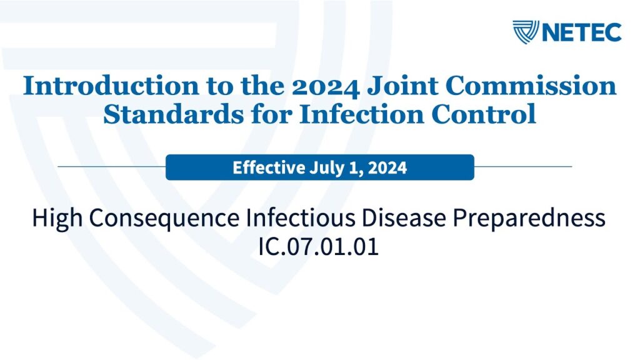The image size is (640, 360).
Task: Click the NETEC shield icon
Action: (x=526, y=32)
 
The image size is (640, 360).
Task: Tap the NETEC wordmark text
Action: (x=582, y=32)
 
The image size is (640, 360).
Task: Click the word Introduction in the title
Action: (x=111, y=86)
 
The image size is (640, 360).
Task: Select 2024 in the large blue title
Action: (x=326, y=87)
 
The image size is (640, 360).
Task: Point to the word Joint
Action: (x=401, y=86)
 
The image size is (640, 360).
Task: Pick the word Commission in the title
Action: (x=531, y=86)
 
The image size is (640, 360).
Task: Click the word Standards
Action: (x=174, y=114)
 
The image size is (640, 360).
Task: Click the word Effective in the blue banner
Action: (x=269, y=167)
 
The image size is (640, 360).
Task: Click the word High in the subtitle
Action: (x=57, y=218)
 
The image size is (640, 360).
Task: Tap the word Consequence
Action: (x=164, y=218)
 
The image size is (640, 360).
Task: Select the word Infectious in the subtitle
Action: (x=301, y=217)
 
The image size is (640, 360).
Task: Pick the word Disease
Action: (x=404, y=217)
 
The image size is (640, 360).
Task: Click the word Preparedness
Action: (x=529, y=218)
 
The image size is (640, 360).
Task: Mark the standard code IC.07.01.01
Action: (x=318, y=246)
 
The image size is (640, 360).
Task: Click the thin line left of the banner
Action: (x=112, y=166)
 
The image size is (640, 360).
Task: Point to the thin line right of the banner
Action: (x=523, y=166)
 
